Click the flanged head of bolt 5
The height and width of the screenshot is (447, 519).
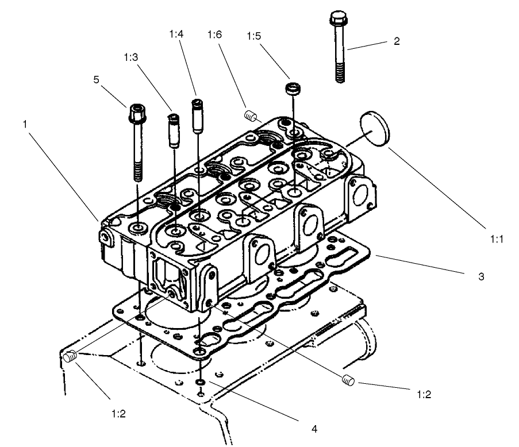click(137, 110)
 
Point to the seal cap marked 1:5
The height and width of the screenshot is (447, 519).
click(294, 90)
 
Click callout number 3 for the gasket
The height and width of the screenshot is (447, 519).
click(481, 276)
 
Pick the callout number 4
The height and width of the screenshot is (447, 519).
click(314, 428)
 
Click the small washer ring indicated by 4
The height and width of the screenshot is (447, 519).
click(199, 382)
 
